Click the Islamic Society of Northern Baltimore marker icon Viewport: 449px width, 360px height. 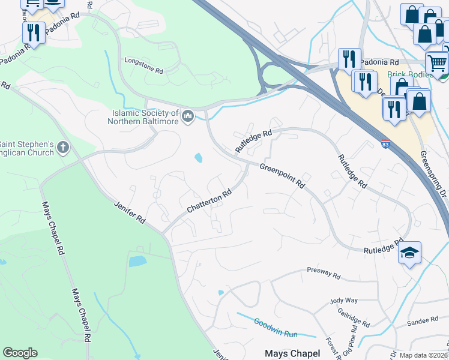[x=188, y=115]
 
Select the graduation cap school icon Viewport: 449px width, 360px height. [x=410, y=253]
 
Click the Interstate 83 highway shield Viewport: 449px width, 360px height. [x=385, y=144]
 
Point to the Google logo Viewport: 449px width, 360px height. [x=20, y=353]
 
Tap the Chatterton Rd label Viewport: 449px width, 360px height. [x=209, y=202]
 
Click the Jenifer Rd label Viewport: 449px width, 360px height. [x=130, y=213]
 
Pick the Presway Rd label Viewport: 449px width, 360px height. [x=323, y=272]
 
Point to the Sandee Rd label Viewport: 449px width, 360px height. [x=418, y=322]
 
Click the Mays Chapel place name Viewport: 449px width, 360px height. [x=292, y=353]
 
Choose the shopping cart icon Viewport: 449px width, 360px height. [x=437, y=63]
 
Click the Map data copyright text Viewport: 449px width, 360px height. [x=423, y=355]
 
